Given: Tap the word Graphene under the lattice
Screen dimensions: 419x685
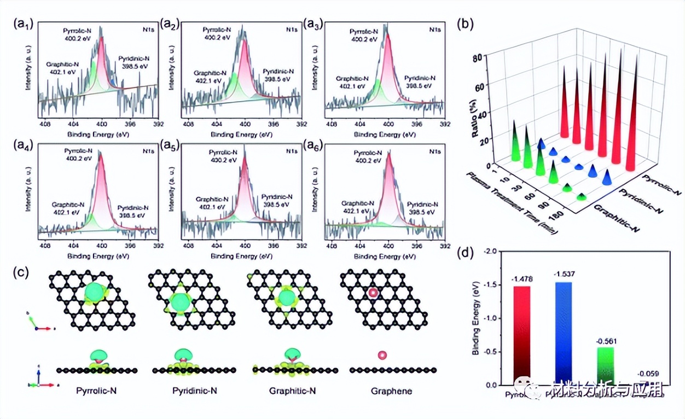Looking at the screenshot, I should (x=391, y=391).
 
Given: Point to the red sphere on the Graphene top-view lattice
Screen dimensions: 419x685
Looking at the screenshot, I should (x=373, y=293).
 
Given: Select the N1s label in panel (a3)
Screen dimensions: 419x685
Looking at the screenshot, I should (x=434, y=29).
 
